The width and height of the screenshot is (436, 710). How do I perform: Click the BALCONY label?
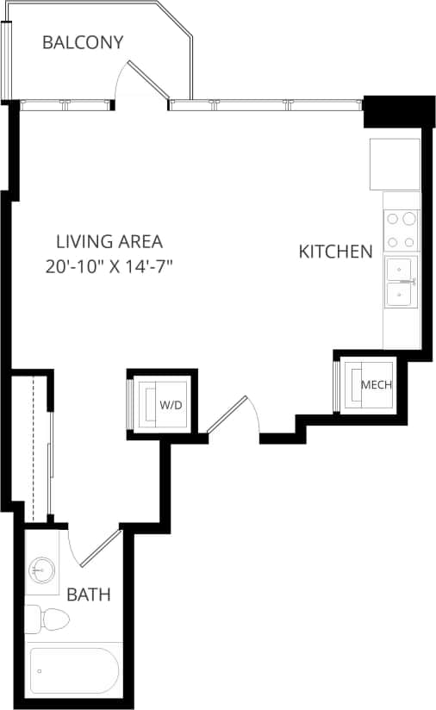click(x=83, y=42)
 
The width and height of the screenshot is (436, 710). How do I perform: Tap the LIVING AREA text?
click(x=109, y=242)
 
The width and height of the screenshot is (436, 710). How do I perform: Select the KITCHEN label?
click(x=335, y=252)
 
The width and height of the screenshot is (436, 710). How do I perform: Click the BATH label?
click(x=89, y=595)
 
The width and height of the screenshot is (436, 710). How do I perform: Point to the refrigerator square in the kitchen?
click(x=395, y=164)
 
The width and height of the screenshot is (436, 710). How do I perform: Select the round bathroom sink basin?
click(x=41, y=569)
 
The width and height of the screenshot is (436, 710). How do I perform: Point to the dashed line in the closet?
click(x=33, y=448)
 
